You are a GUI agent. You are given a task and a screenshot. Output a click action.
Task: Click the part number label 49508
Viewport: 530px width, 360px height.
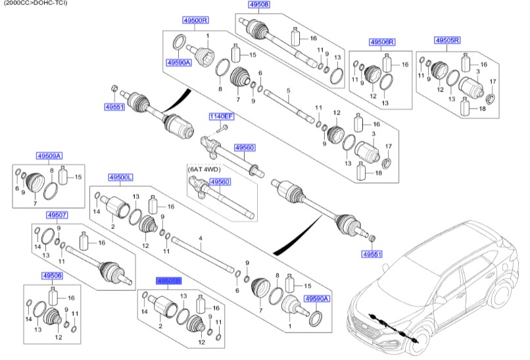pos(259,5)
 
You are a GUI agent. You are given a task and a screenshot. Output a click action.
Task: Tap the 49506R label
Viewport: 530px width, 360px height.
pos(382,42)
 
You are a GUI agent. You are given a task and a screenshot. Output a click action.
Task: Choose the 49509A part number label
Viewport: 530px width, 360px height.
pos(49,155)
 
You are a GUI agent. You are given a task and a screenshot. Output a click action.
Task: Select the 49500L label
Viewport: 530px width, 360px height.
pos(121,178)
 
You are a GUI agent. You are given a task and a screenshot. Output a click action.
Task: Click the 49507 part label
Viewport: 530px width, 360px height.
pos(57,215)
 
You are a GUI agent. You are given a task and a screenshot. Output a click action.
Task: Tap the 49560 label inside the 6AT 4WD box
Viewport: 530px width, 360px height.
pos(220,182)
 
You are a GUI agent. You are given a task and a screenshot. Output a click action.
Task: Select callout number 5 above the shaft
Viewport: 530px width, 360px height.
pos(287,90)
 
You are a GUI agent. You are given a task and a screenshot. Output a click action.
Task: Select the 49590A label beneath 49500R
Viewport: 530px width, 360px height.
pos(178,63)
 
